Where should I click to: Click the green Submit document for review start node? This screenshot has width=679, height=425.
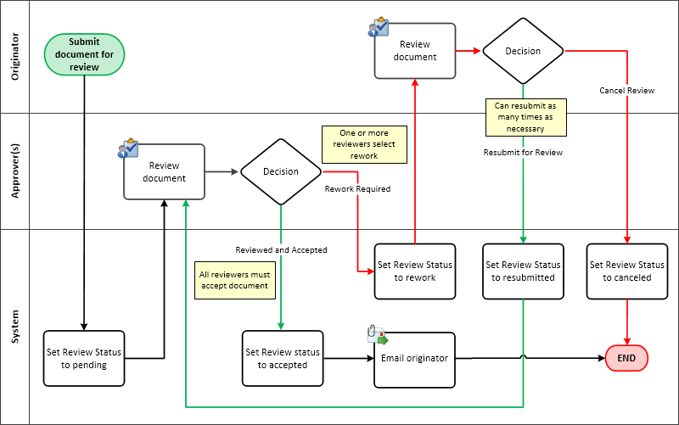click(85, 54)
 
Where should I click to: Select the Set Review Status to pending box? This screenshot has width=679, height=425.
click(84, 359)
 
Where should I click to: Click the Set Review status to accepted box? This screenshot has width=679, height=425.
click(282, 359)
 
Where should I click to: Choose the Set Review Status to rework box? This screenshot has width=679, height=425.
click(415, 271)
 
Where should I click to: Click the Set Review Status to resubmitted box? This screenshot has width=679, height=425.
click(523, 271)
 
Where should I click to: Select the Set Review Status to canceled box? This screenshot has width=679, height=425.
click(626, 271)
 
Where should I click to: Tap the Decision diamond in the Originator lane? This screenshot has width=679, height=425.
click(523, 51)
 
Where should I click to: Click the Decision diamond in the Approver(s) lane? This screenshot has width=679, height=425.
click(281, 171)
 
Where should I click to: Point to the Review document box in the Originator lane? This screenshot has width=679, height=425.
click(416, 51)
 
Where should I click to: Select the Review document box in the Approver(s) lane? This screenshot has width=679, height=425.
click(165, 171)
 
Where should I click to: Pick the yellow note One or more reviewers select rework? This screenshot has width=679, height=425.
click(363, 144)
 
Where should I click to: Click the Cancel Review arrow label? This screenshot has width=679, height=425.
click(626, 90)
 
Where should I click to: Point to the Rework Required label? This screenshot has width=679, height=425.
click(357, 189)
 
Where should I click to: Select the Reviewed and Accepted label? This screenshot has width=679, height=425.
click(281, 250)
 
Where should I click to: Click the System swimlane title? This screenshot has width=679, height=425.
click(15, 327)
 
